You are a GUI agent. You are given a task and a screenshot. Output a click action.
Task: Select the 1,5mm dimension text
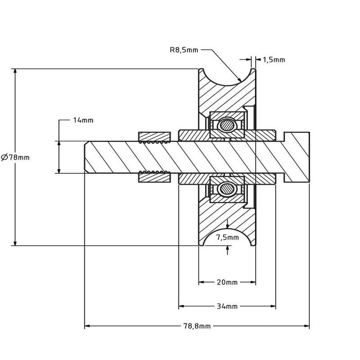274,60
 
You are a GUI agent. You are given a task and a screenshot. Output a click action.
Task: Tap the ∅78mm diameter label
15,157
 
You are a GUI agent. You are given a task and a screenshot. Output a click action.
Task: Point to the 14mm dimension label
83,120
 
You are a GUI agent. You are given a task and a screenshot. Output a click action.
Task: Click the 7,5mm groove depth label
227,237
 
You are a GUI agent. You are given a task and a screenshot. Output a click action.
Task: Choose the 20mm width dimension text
227,282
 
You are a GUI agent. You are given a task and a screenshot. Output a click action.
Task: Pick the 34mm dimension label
227,307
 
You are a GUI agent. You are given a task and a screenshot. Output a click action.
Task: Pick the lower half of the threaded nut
154,177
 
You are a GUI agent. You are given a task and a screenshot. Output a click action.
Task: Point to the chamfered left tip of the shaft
86,157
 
